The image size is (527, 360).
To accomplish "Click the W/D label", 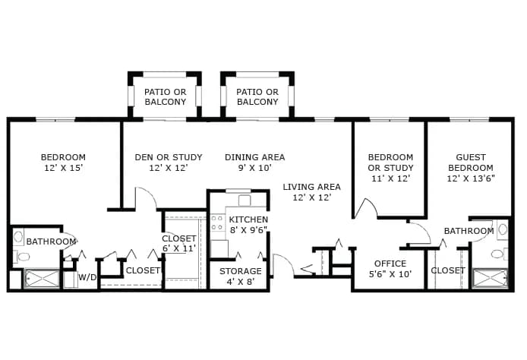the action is click(x=87, y=277).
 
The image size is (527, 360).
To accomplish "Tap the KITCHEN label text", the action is click(x=248, y=219).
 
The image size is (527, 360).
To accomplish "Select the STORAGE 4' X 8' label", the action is click(x=240, y=276).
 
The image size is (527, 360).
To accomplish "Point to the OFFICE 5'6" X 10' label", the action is click(x=390, y=269).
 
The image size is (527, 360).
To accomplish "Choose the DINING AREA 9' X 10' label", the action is click(x=254, y=163).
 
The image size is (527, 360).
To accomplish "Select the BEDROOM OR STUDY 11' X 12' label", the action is click(x=390, y=168).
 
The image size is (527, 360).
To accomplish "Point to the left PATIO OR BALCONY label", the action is click(x=165, y=96).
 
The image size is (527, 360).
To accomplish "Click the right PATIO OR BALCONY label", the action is click(x=257, y=96).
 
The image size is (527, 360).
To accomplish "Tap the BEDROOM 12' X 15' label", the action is click(x=63, y=163).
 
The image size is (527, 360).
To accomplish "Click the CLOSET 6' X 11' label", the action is click(x=178, y=243).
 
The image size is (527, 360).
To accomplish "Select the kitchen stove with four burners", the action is click(x=217, y=223).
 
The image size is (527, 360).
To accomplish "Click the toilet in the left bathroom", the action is click(x=22, y=257).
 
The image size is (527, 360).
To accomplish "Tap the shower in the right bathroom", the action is click(x=490, y=278).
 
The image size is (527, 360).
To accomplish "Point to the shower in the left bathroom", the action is click(x=42, y=279).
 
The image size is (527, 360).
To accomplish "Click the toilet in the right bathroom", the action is click(x=500, y=254).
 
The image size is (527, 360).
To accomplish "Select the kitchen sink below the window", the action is click(x=245, y=201).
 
